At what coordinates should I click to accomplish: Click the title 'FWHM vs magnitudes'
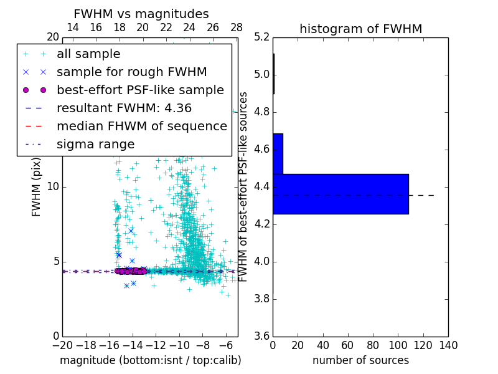[141, 14]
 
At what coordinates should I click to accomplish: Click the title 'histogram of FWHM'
[360, 29]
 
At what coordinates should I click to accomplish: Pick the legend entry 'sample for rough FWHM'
[131, 72]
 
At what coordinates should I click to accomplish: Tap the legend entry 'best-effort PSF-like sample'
[140, 90]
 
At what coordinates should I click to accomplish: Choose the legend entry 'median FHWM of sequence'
[142, 126]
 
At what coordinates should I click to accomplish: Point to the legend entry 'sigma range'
[95, 144]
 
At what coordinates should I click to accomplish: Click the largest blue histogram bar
[341, 194]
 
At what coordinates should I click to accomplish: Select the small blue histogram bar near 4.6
[278, 153]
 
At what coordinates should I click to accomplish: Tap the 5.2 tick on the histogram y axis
[261, 37]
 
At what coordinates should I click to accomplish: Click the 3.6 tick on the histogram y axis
[261, 336]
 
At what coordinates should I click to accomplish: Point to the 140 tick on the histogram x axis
[448, 345]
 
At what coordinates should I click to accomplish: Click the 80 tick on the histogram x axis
[373, 345]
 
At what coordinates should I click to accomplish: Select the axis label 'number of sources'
[360, 360]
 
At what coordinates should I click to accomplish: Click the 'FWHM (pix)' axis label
[37, 186]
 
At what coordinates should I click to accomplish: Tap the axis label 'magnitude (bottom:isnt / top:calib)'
[150, 360]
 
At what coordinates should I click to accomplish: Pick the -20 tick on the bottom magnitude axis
[62, 345]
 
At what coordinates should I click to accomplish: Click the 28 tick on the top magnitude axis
[237, 27]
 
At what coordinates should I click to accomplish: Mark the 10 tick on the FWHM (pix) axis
[53, 187]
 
